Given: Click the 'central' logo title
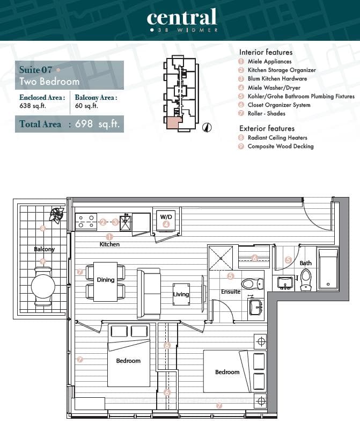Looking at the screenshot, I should (182, 17).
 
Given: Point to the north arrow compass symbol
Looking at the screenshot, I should (208, 127).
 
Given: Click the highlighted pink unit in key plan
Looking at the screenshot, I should (174, 122).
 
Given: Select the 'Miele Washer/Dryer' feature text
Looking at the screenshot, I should (274, 88).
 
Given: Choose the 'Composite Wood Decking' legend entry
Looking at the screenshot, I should (280, 146).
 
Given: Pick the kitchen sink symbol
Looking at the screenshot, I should (126, 222).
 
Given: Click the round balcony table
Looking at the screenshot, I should (43, 286).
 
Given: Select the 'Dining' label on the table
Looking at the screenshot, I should (106, 280).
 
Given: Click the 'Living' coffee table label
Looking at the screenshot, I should (181, 294).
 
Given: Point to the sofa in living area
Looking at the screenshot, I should (149, 294).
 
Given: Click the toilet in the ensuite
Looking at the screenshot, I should (252, 284).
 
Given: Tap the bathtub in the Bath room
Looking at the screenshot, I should (328, 268).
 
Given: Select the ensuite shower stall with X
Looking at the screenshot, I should (221, 258).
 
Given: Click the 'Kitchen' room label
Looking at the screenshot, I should (109, 244).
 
